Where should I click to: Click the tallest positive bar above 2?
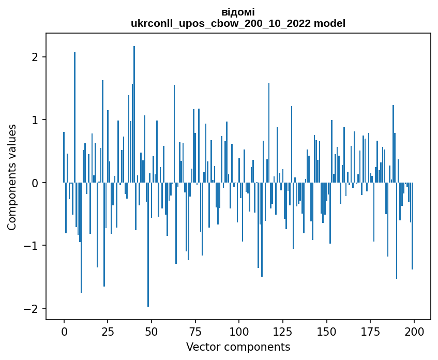coord(134,114)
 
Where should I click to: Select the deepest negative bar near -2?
coord(148,245)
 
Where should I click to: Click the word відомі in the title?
coord(238,12)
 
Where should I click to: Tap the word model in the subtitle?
coord(329,23)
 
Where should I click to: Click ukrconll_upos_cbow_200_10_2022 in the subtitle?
coord(221,24)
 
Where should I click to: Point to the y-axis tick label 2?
coord(35,57)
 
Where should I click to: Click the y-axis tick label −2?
coord(31,308)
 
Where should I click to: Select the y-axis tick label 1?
coord(35,120)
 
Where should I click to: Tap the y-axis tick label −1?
coord(31,245)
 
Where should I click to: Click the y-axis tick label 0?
coord(35,183)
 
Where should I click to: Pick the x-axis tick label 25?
coord(108,332)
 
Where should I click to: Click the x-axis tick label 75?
coord(195,332)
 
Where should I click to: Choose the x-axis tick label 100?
coord(239,332)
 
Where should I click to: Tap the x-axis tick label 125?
coord(283,332)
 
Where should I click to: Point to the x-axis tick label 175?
coord(370,332)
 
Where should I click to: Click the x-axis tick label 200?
coord(414,332)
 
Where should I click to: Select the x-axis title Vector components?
coord(238,347)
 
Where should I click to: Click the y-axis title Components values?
coord(12,177)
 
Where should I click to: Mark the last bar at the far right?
coord(412,226)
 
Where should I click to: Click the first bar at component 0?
coord(64,157)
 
